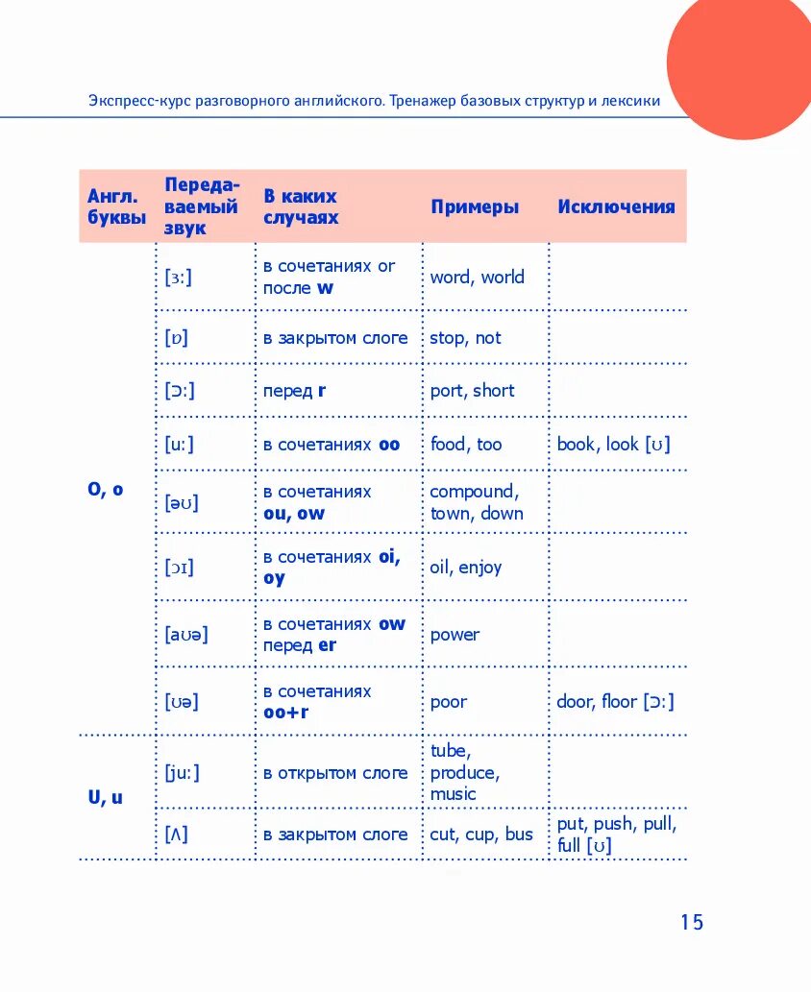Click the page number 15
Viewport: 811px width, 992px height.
coord(692,922)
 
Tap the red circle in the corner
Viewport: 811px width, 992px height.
coord(740,62)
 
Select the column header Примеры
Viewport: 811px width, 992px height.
coord(475,206)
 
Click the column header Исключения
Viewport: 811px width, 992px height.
coord(616,206)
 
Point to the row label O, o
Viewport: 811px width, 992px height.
coord(106,489)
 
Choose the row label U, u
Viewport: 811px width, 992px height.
coord(106,797)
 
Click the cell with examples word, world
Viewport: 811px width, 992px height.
coord(477,277)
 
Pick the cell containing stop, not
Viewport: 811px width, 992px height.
coord(465,338)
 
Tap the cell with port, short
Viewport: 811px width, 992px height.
coord(472,391)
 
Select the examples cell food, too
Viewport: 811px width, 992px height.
coord(465,444)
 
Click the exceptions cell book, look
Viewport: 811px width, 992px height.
coord(613,444)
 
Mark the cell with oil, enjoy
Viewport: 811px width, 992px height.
coord(465,567)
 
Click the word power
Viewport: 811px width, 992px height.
coord(455,634)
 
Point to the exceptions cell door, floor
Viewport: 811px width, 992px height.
coord(615,701)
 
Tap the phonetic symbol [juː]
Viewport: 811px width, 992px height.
coord(183,772)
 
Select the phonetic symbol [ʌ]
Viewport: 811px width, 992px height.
coord(176,835)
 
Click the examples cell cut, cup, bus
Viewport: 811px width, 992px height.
coord(480,835)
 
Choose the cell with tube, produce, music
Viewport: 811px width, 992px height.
coord(464,772)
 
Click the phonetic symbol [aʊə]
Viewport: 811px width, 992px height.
coord(186,634)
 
